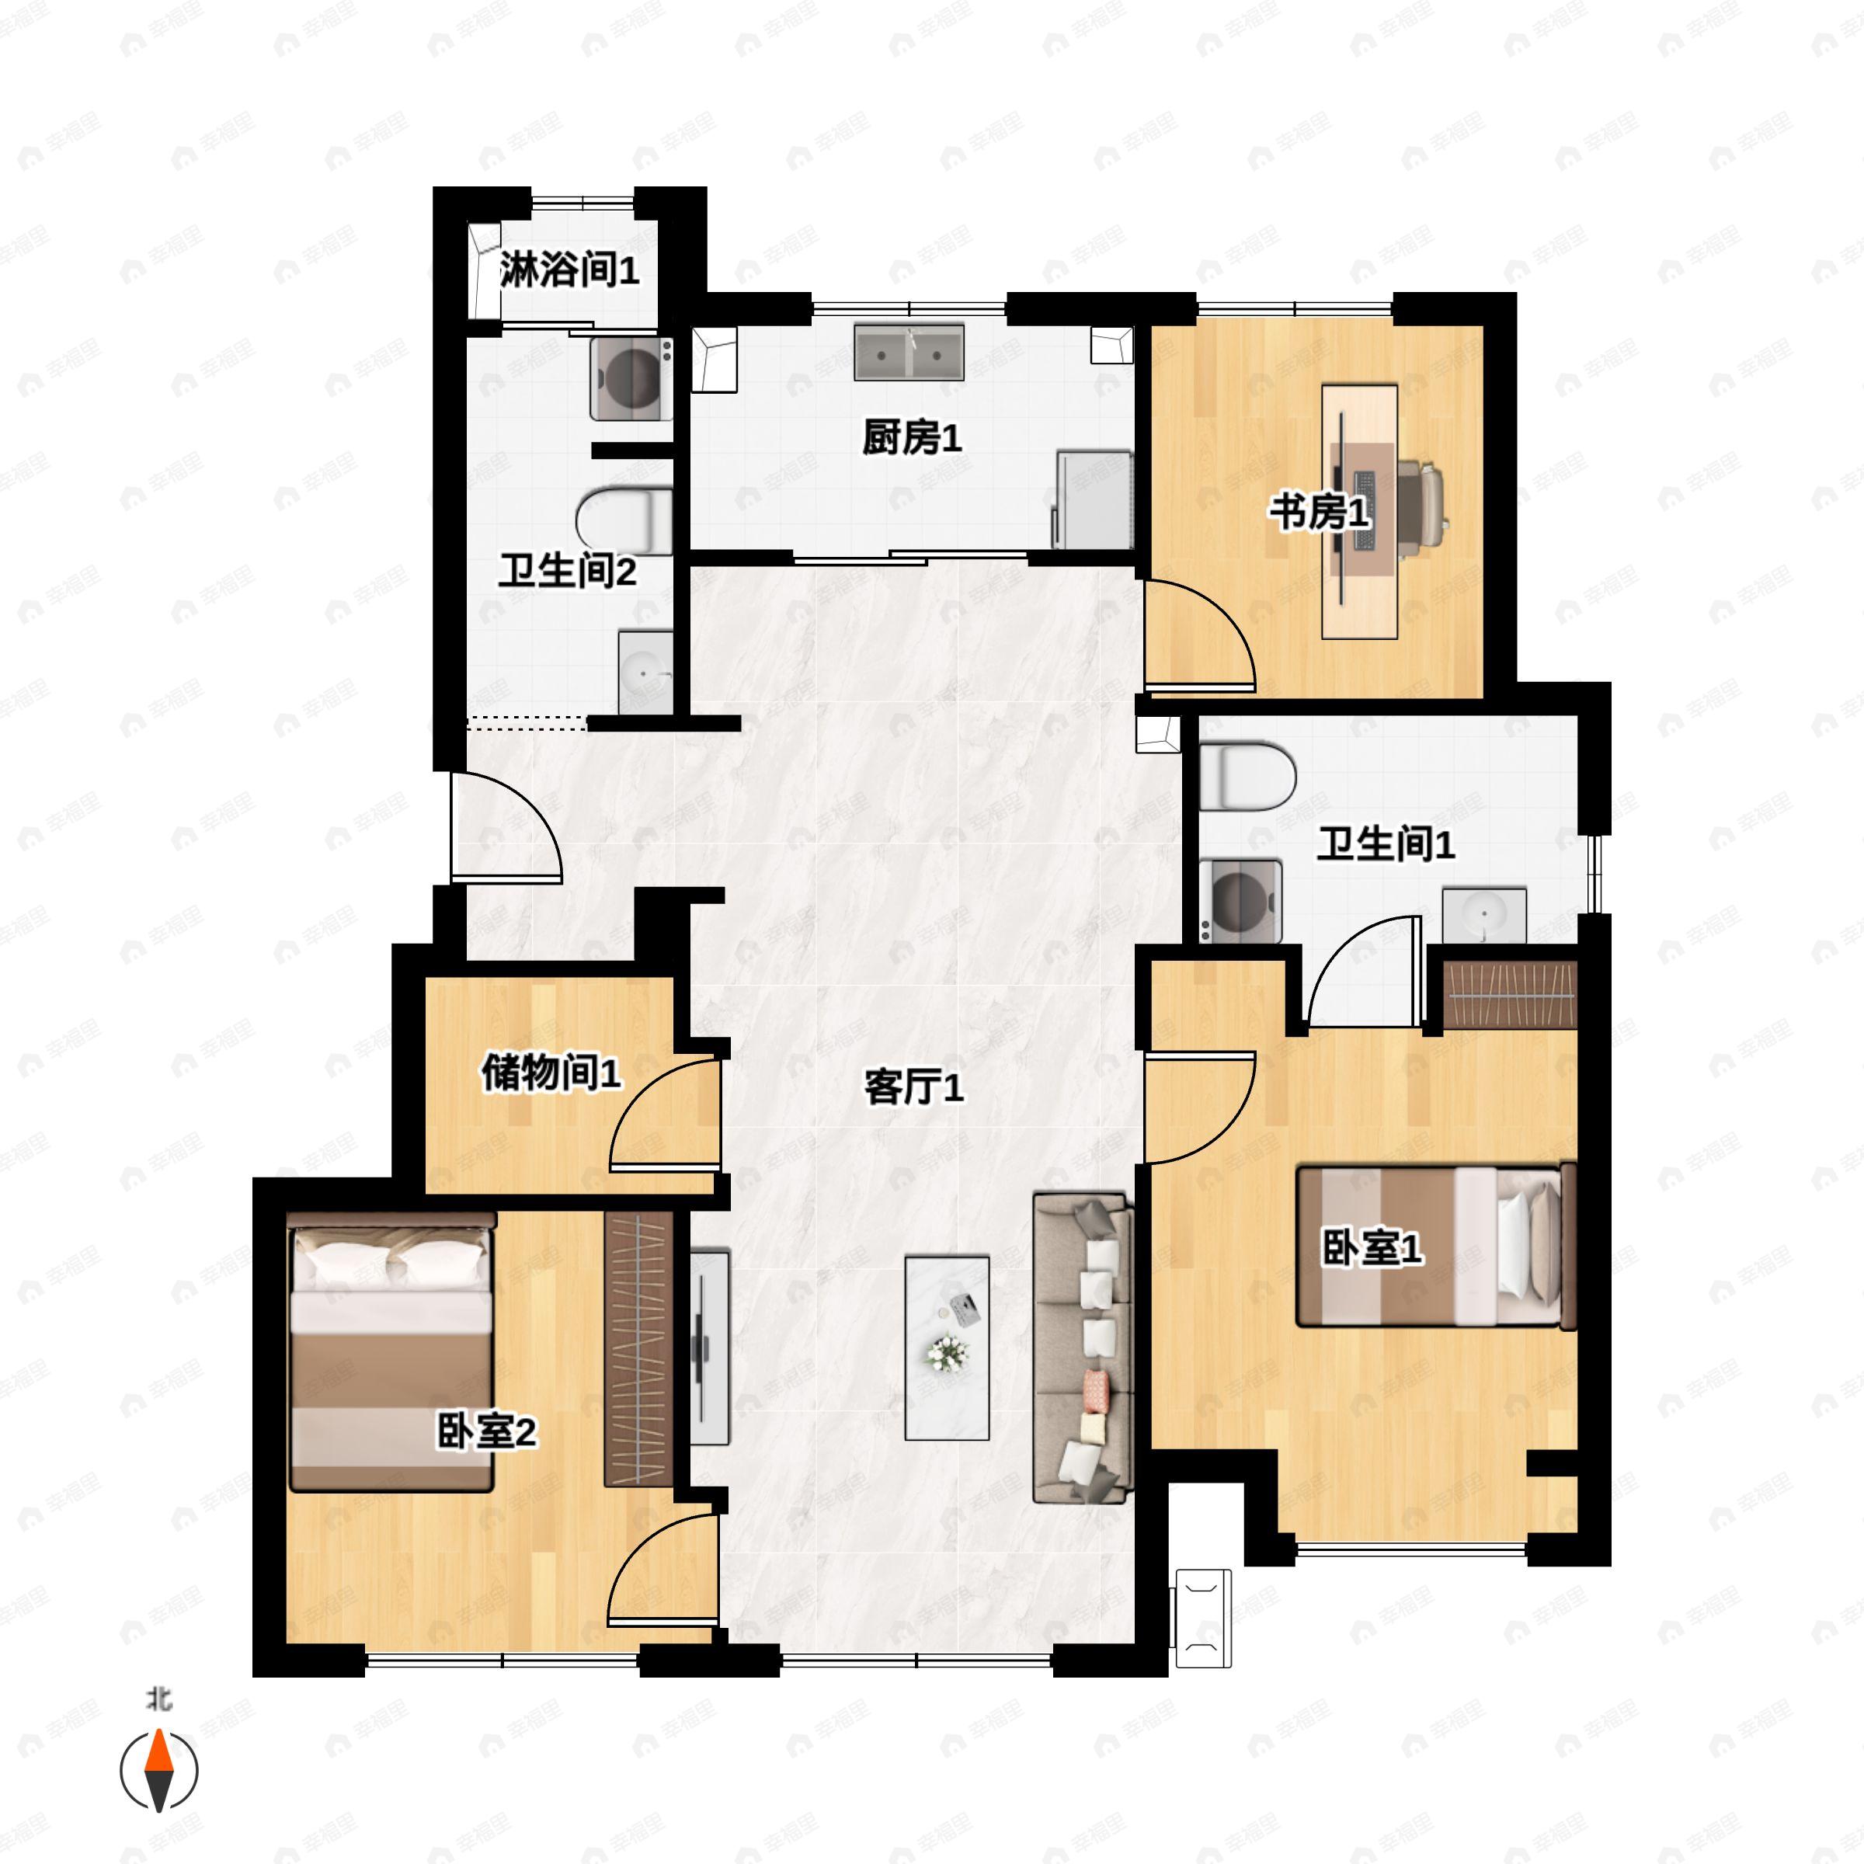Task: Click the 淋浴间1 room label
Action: pyautogui.click(x=569, y=271)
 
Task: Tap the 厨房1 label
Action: pyautogui.click(x=912, y=440)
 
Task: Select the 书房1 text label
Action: pyautogui.click(x=1319, y=513)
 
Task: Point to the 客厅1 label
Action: pyautogui.click(x=913, y=1089)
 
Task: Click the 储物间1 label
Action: pyautogui.click(x=551, y=1073)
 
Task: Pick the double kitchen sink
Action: pyautogui.click(x=909, y=352)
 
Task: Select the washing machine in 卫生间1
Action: pyautogui.click(x=1242, y=900)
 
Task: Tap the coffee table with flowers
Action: pyautogui.click(x=947, y=1348)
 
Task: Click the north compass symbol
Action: pyautogui.click(x=159, y=1771)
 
